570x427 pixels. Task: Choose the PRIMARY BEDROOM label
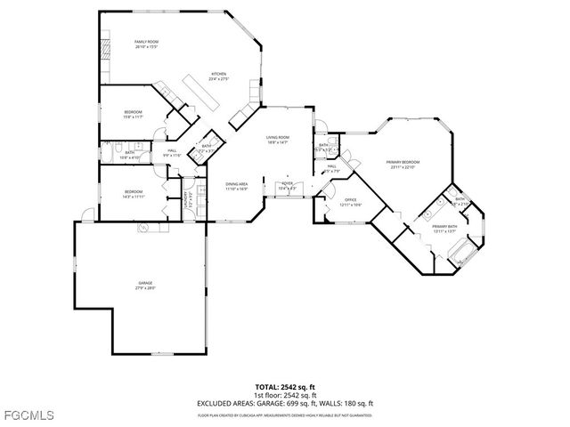coord(403,164)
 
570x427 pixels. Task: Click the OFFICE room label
coord(350,203)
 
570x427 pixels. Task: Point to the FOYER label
coord(288,184)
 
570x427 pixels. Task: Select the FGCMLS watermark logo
coord(28,415)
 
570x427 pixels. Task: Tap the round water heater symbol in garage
coord(142,229)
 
